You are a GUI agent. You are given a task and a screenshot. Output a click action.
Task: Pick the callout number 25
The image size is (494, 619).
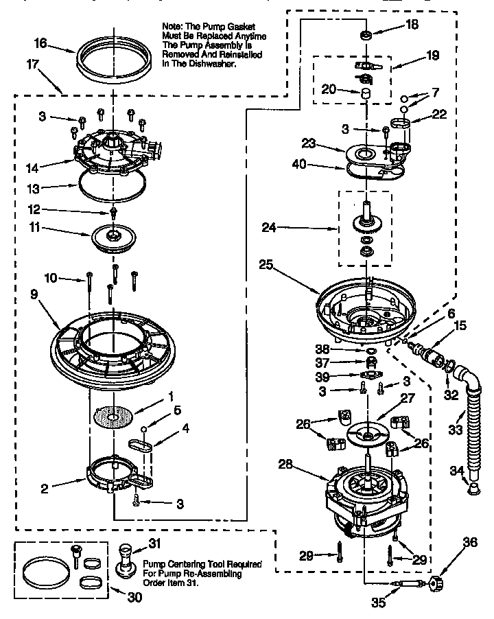click(266, 264)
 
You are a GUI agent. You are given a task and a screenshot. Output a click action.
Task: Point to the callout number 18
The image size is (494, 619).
click(411, 24)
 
